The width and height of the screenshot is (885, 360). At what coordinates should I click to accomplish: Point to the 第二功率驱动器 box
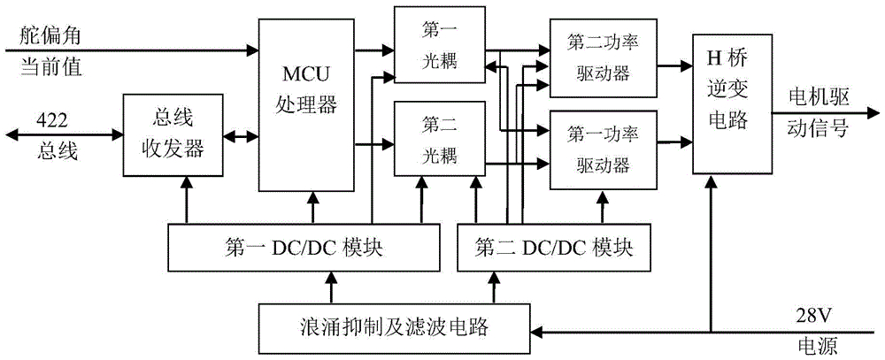pyautogui.click(x=604, y=57)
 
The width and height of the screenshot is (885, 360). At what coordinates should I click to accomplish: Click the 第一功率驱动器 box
pyautogui.click(x=604, y=149)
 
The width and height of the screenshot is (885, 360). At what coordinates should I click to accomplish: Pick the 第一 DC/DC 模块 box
pyautogui.click(x=303, y=246)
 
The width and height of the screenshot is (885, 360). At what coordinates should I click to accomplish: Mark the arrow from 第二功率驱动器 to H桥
pyautogui.click(x=674, y=65)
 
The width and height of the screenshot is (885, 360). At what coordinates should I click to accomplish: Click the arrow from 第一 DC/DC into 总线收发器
pyautogui.click(x=187, y=199)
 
